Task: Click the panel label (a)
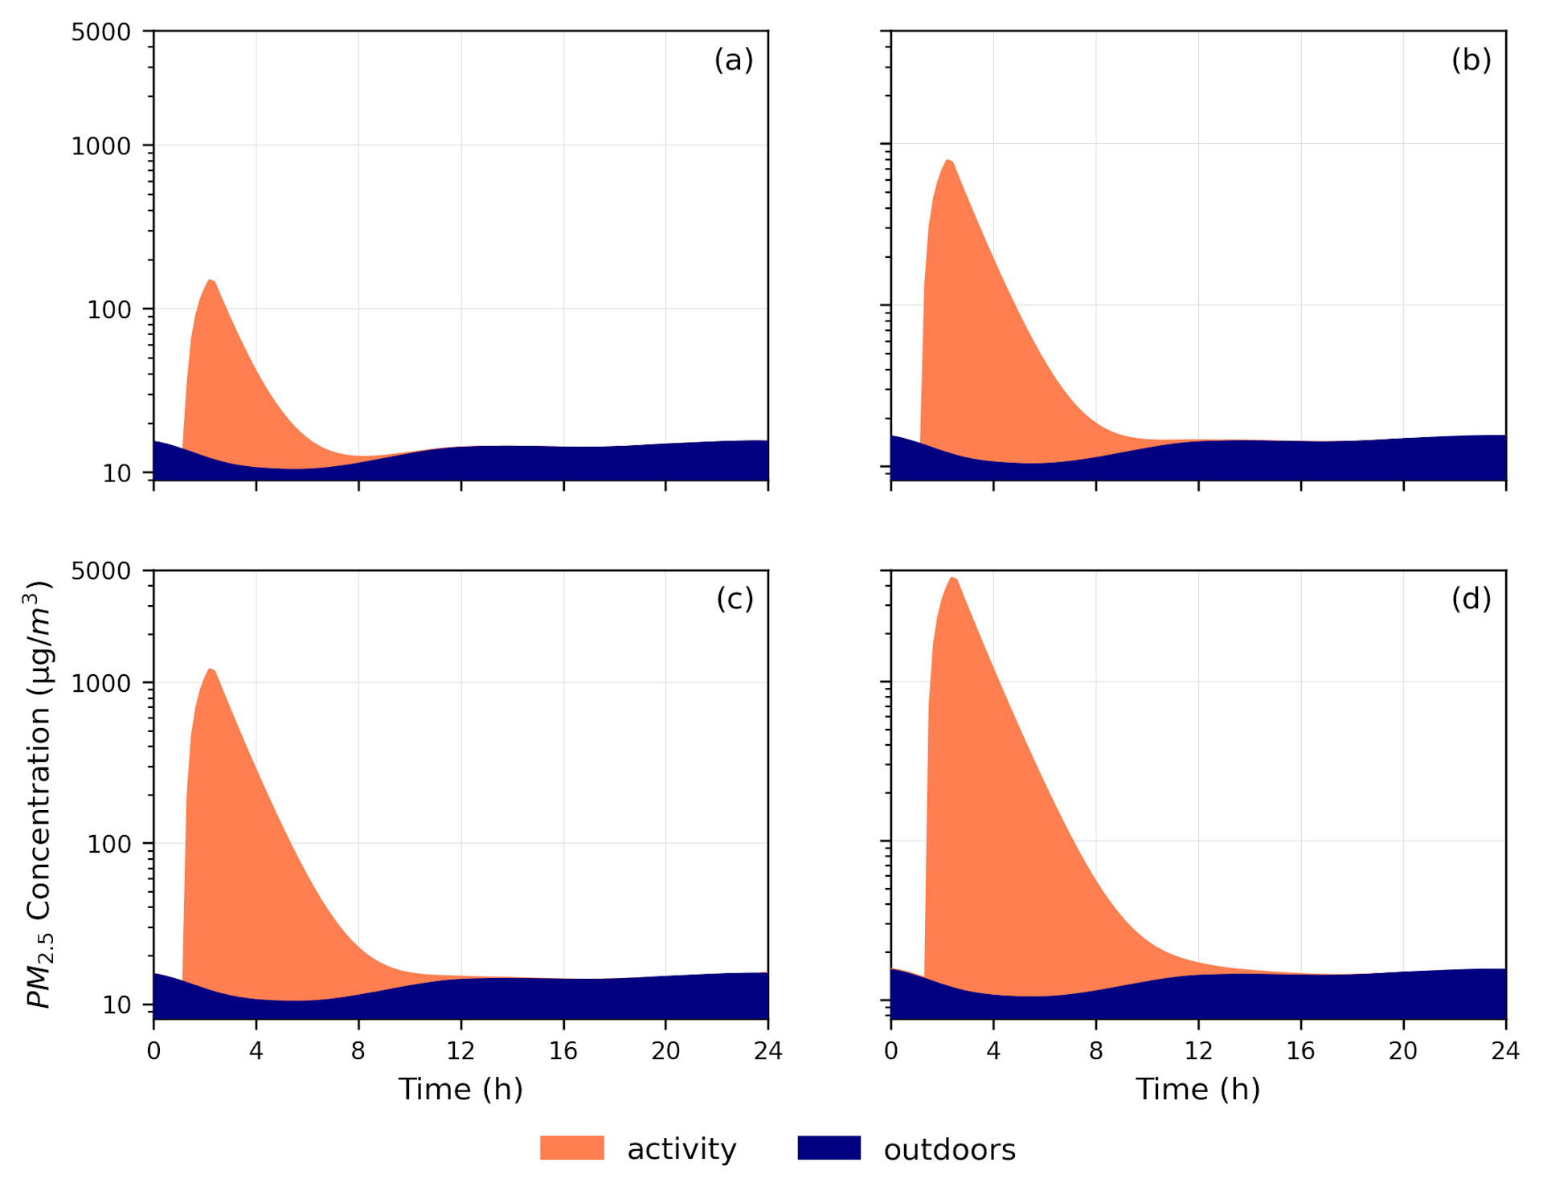[x=733, y=60]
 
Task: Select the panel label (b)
[x=1471, y=60]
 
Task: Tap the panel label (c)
[x=735, y=599]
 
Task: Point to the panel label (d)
[x=1471, y=599]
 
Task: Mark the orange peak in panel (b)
[x=949, y=163]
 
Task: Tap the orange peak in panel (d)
[x=952, y=580]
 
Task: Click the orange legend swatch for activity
[x=571, y=1148]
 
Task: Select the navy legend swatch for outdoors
[x=829, y=1148]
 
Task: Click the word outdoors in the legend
[x=949, y=1150]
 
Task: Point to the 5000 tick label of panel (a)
[x=100, y=32]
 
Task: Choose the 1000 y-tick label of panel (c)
[x=100, y=684]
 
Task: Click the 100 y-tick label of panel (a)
[x=108, y=309]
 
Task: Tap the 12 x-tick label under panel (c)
[x=460, y=1051]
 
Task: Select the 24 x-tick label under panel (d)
[x=1505, y=1051]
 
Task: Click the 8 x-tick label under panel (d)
[x=1095, y=1051]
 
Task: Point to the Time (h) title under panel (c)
[x=460, y=1090]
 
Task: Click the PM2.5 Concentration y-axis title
[x=39, y=794]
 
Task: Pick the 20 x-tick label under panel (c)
[x=665, y=1051]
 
